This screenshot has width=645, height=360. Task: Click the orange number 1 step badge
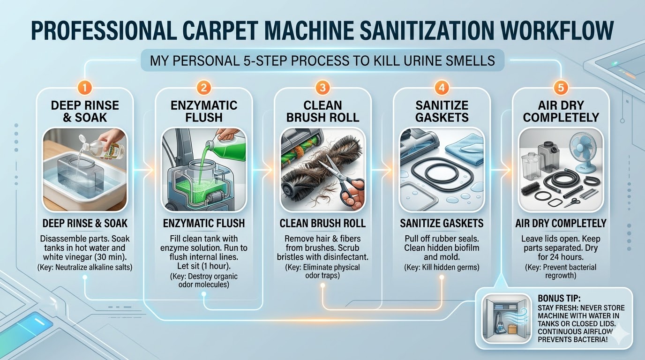click(x=85, y=87)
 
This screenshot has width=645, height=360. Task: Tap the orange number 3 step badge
click(x=322, y=87)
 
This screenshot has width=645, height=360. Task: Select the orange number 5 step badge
click(x=561, y=87)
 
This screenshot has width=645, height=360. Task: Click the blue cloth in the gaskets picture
click(x=465, y=149)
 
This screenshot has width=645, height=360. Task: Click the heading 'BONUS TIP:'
click(x=559, y=298)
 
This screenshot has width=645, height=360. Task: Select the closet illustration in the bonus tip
click(x=507, y=319)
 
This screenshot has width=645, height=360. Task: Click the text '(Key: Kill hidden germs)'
click(x=442, y=267)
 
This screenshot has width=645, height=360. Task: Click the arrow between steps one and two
click(x=143, y=170)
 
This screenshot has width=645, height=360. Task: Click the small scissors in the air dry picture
click(x=572, y=202)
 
